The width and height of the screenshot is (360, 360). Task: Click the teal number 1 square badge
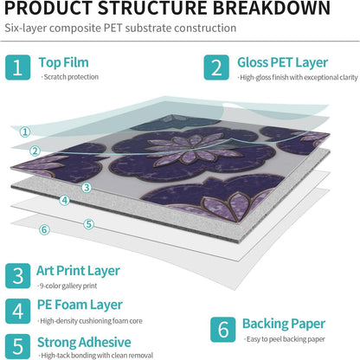(17, 67)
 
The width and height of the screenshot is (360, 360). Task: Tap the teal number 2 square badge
(216, 67)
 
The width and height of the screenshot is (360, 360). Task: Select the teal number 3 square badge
(17, 276)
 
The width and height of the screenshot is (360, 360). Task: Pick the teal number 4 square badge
(17, 312)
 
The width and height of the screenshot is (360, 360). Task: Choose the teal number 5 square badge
(17, 346)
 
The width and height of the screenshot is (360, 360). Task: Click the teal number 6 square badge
(223, 330)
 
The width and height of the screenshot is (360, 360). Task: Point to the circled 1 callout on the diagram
(25, 132)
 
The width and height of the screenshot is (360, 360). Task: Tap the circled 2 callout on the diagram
(35, 151)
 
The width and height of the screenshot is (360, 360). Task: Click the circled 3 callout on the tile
(87, 188)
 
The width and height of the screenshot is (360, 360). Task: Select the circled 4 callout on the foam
(65, 200)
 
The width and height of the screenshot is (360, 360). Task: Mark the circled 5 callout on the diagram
(89, 224)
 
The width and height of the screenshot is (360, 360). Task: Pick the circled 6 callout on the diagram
(44, 229)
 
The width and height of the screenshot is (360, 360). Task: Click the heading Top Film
(63, 62)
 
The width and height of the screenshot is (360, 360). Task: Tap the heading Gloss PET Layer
(282, 63)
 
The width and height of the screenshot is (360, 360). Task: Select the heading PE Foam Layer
(80, 305)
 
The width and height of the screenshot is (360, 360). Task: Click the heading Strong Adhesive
(84, 343)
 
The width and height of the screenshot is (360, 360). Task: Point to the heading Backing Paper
(284, 325)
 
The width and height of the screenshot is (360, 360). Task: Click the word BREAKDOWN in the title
(272, 8)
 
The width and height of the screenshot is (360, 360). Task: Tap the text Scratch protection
(70, 77)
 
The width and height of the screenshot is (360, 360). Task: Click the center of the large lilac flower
(188, 148)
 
